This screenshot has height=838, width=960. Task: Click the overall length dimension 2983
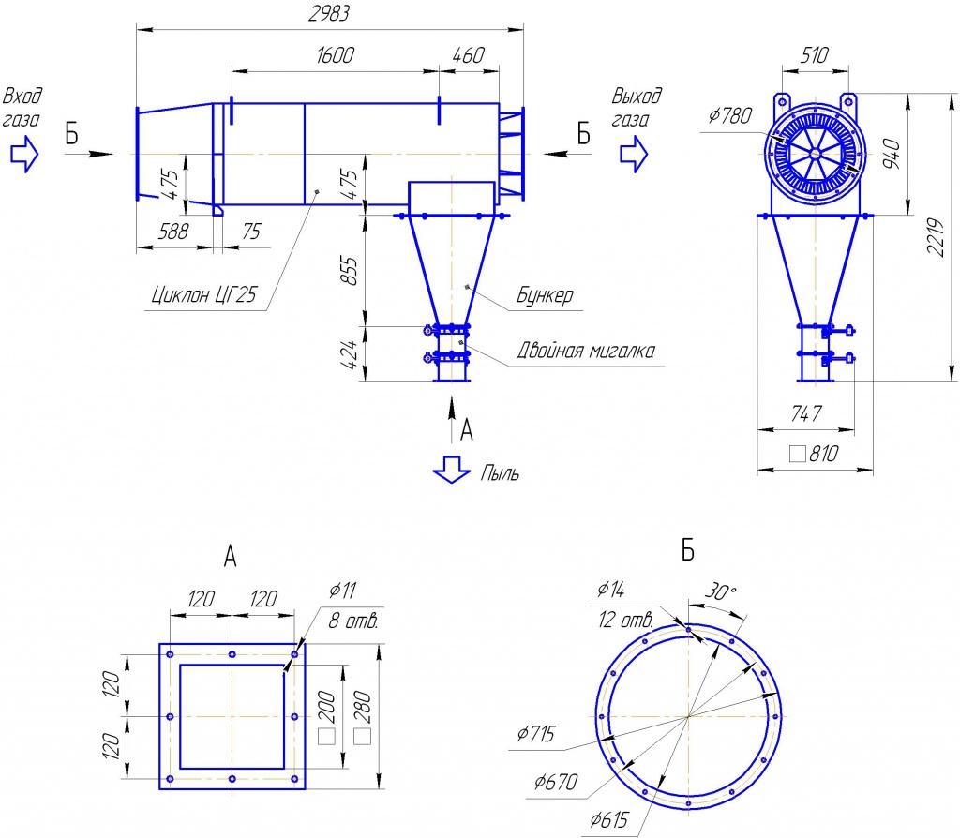329,13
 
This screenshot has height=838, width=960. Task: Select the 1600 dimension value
335,55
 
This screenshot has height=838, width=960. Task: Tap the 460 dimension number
469,55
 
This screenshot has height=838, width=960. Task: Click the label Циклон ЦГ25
204,295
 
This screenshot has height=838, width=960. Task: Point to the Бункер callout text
545,295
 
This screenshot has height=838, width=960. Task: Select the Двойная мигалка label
586,351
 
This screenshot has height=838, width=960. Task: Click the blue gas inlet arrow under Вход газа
24,154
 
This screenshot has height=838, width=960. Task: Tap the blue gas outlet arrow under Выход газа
634,154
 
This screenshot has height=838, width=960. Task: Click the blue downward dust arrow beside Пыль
451,471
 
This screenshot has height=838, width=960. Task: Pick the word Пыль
500,473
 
